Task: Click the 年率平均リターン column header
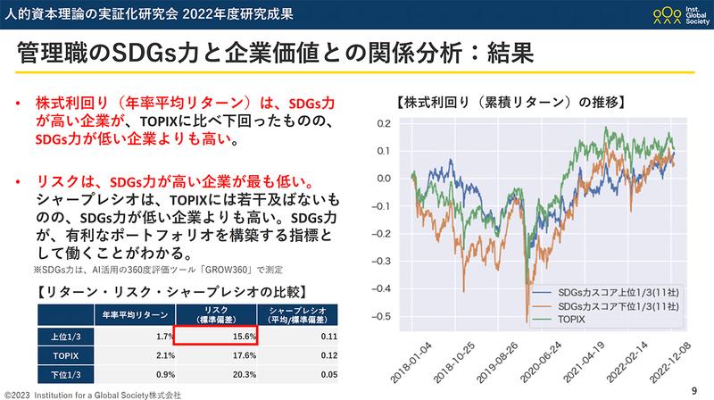[x=133, y=314]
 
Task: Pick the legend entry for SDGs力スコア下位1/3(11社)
[x=612, y=305]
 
